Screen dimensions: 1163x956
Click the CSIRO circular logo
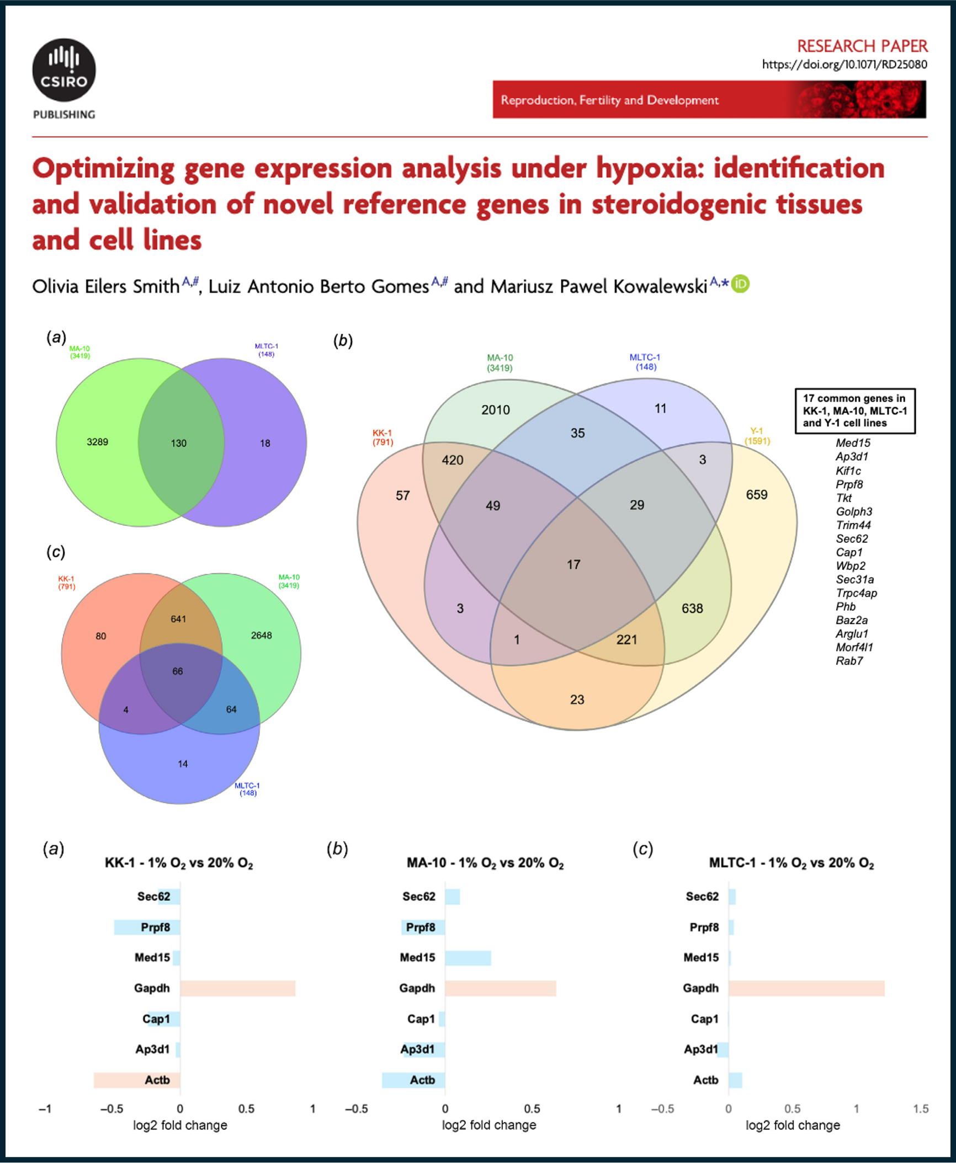pyautogui.click(x=64, y=70)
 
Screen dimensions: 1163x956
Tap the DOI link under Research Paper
pyautogui.click(x=844, y=65)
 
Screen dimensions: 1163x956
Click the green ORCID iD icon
pyautogui.click(x=740, y=284)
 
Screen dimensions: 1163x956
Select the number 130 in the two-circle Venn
pyautogui.click(x=178, y=443)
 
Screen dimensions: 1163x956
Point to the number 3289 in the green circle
pyautogui.click(x=97, y=442)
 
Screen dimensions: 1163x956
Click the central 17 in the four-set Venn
pyautogui.click(x=573, y=564)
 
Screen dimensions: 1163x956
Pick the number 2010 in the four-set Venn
pyautogui.click(x=495, y=410)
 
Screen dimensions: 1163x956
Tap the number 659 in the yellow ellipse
pyautogui.click(x=756, y=495)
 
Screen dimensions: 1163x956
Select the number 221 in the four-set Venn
pyautogui.click(x=626, y=640)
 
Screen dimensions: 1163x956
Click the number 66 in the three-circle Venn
pyautogui.click(x=177, y=671)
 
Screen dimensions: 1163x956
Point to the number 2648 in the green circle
pyautogui.click(x=261, y=636)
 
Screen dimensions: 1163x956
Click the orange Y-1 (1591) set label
pyautogui.click(x=757, y=436)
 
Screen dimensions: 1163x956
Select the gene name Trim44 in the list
pyautogui.click(x=853, y=525)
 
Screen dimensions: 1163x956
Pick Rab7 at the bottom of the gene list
pyautogui.click(x=849, y=661)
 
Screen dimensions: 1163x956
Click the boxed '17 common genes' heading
pyautogui.click(x=854, y=411)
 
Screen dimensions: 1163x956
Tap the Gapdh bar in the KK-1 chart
pyautogui.click(x=237, y=989)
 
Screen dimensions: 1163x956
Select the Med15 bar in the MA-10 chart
pyautogui.click(x=468, y=958)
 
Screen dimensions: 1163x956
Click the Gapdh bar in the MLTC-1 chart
pyautogui.click(x=806, y=989)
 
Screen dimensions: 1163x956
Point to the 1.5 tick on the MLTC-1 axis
pyautogui.click(x=920, y=1109)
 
